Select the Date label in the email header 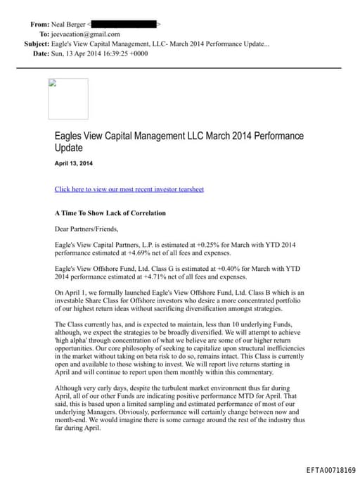click(40, 53)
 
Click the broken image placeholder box click(68, 98)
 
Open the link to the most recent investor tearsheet click(129, 189)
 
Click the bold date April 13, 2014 click(73, 164)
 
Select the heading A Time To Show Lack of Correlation click(110, 212)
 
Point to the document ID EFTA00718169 click(331, 469)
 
